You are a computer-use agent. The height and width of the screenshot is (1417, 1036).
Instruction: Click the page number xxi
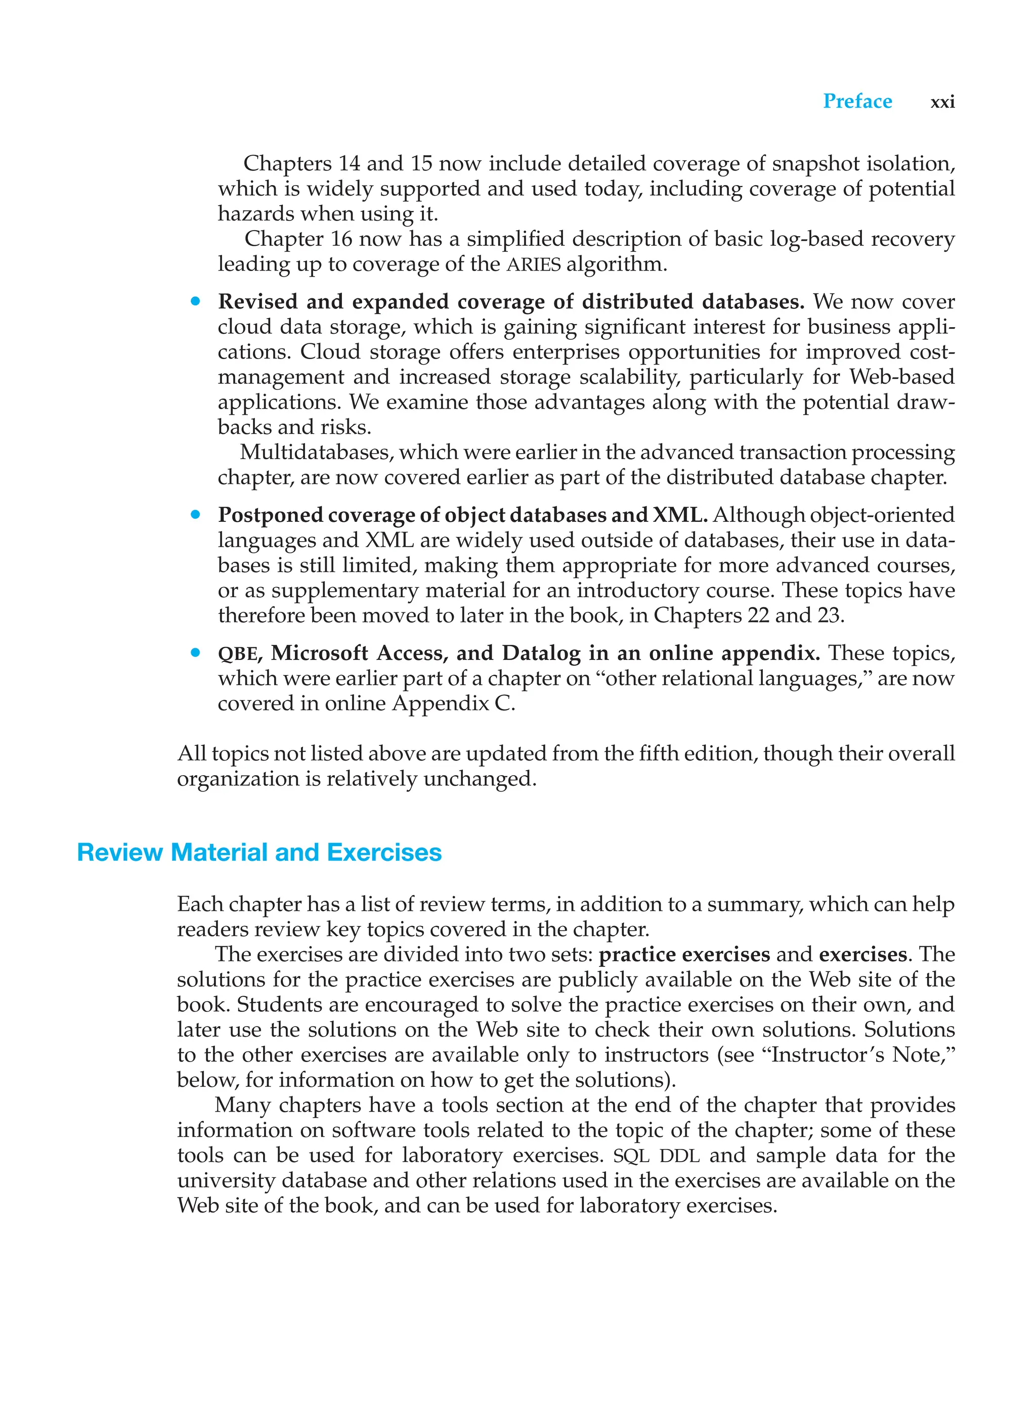(x=942, y=102)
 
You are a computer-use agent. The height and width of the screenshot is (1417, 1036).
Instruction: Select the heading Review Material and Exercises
(x=259, y=852)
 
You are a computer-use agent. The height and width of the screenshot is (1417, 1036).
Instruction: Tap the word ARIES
(x=533, y=264)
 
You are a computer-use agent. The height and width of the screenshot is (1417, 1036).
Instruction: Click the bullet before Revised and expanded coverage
(x=196, y=301)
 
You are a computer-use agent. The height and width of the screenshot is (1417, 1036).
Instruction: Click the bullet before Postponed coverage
(x=196, y=515)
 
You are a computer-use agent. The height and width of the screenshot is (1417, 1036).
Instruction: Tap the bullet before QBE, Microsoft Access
(x=196, y=653)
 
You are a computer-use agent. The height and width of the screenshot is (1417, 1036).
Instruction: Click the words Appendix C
(x=453, y=703)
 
